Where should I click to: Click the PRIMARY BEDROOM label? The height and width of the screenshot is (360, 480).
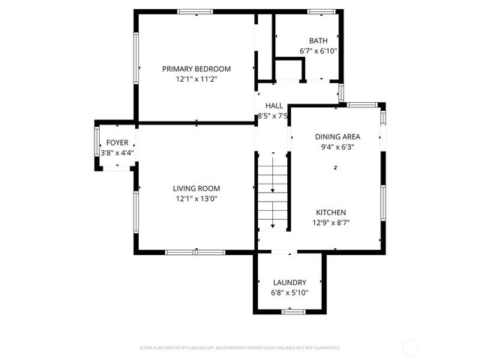[x=196, y=68]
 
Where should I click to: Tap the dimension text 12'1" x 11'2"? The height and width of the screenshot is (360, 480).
[x=196, y=79]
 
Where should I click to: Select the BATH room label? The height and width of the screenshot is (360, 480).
[x=318, y=40]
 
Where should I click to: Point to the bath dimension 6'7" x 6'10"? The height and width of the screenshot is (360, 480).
[x=318, y=51]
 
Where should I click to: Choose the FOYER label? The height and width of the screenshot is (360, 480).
[x=117, y=142]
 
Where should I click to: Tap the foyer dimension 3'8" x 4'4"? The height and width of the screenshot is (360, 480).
[x=117, y=153]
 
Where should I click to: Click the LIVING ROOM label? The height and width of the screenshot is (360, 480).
[x=196, y=188]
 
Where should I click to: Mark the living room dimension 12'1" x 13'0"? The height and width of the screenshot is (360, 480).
[x=196, y=199]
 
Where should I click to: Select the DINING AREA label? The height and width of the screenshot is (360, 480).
[x=337, y=136]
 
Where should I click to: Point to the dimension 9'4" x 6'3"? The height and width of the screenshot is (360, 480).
[x=337, y=147]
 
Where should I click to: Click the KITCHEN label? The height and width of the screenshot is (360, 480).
[x=331, y=212]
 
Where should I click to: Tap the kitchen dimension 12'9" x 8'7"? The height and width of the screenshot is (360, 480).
[x=331, y=223]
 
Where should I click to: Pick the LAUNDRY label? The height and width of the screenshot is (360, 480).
[x=289, y=282]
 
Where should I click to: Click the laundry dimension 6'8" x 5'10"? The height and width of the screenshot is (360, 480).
[x=289, y=292]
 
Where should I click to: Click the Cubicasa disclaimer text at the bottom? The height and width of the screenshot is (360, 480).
[x=240, y=348]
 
